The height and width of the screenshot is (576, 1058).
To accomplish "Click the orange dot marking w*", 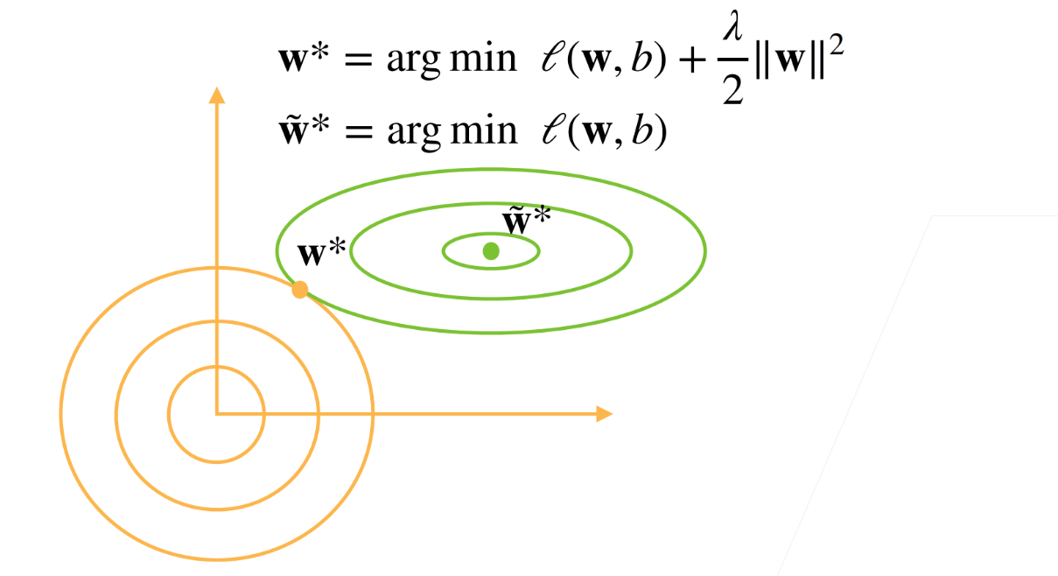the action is (300, 290).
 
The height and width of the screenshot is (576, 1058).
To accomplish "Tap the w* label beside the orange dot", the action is (323, 255).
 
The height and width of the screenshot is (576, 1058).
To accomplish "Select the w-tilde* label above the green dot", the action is (526, 221).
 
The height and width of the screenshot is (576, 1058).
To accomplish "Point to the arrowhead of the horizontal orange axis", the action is (603, 413).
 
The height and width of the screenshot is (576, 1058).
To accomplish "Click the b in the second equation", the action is (646, 130).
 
